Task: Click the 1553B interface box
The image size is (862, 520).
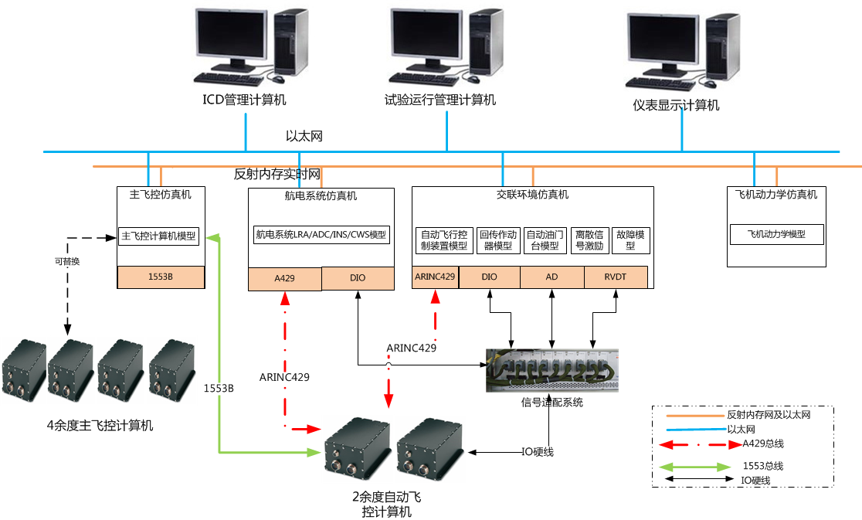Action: (161, 277)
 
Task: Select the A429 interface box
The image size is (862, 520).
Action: (284, 278)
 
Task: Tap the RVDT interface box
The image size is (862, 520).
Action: (616, 277)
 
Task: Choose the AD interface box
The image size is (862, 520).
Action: (551, 277)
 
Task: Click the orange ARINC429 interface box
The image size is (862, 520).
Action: (436, 277)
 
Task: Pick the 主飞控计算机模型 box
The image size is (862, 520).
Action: (159, 236)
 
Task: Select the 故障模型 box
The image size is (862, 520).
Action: (630, 240)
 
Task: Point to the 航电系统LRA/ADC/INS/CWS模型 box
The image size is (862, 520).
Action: (321, 234)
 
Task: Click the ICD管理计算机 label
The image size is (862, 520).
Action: (244, 100)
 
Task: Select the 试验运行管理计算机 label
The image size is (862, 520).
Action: (440, 100)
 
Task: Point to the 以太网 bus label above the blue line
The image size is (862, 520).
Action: (304, 137)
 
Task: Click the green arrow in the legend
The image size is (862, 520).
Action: (692, 467)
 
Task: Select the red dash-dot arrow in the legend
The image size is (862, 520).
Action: (692, 444)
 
